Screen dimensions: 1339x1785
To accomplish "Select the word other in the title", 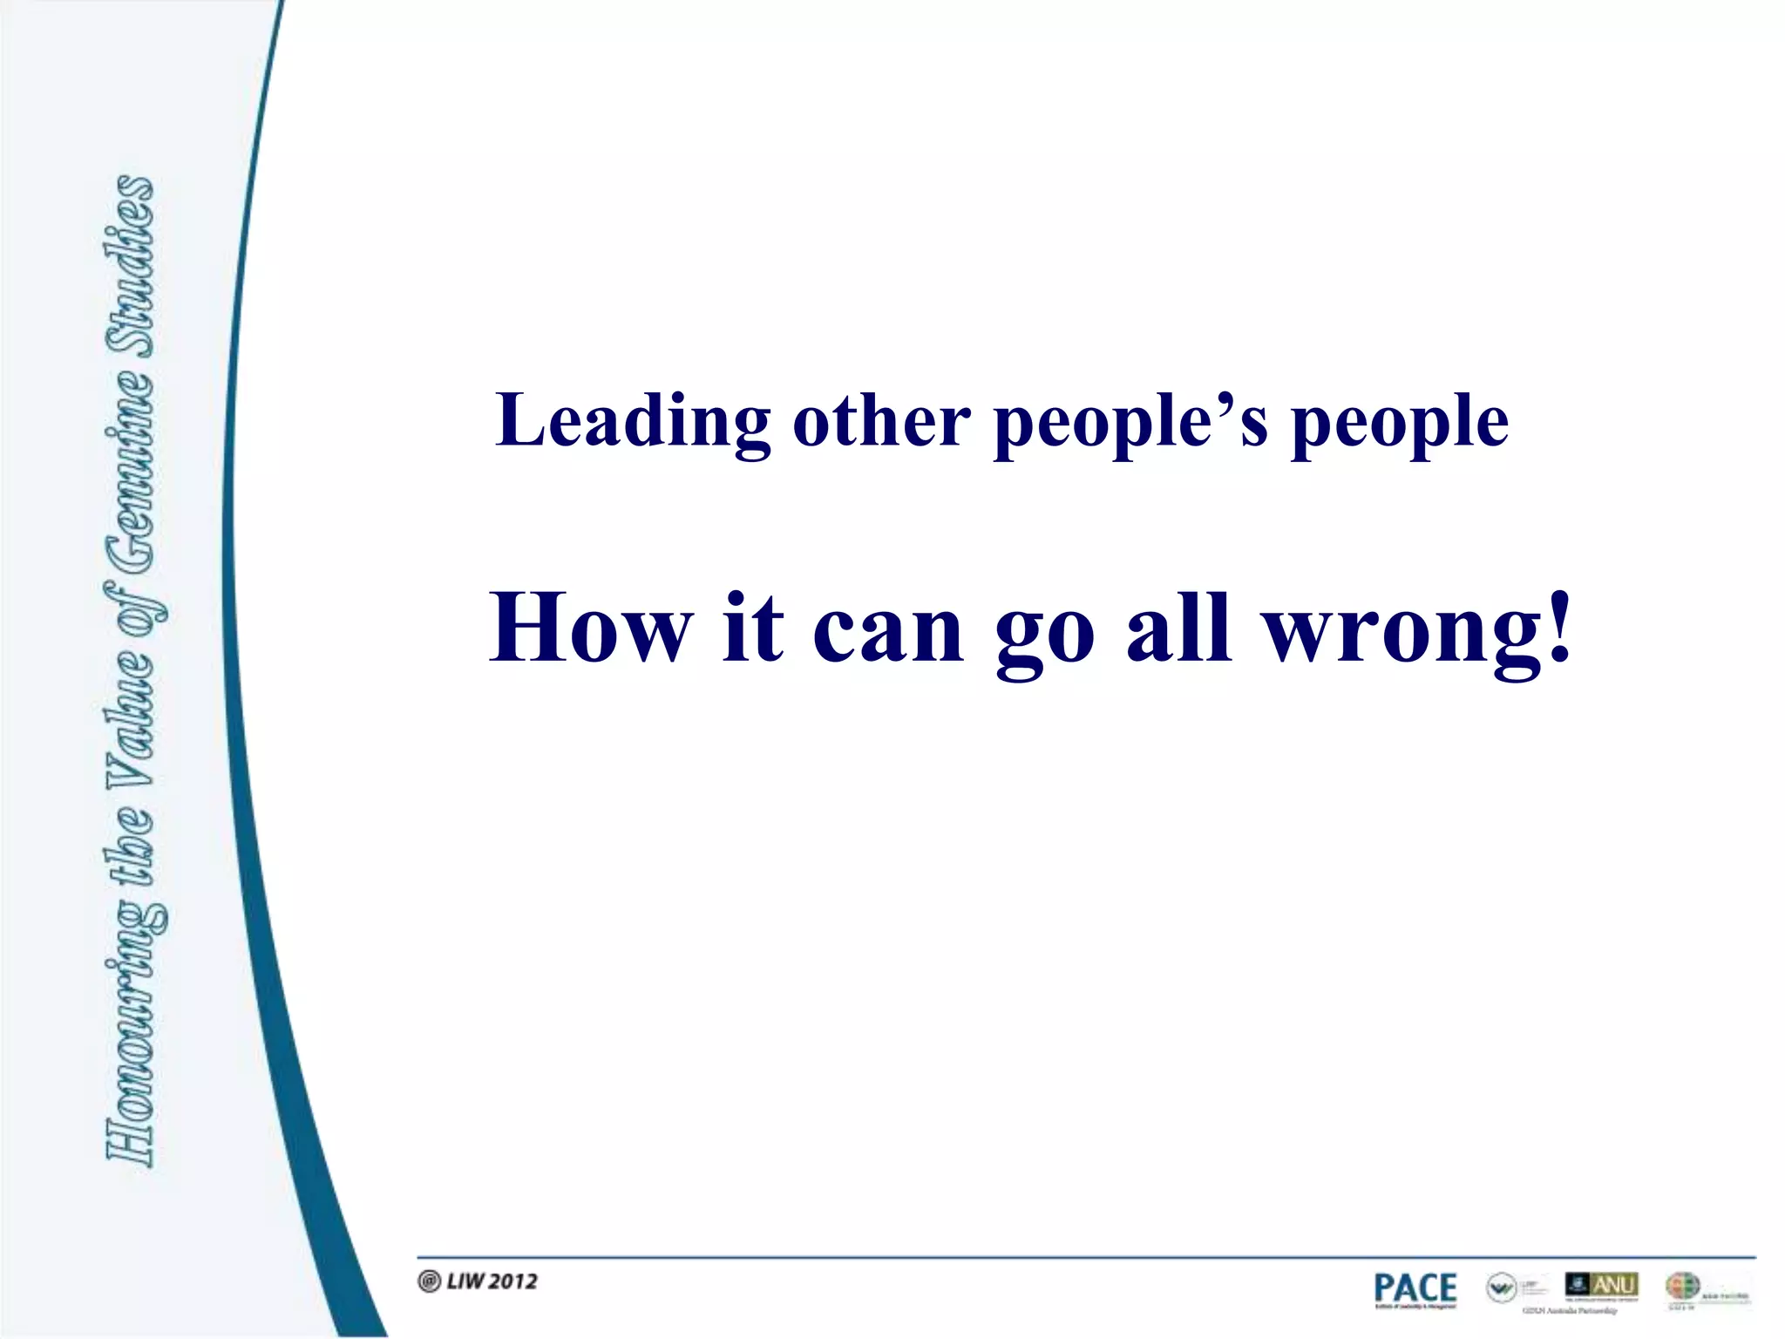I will pos(881,421).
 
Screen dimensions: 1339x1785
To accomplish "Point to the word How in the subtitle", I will pos(592,628).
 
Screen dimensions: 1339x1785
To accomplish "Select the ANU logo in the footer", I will pos(1602,1285).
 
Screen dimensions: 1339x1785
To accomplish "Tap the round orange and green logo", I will pos(1682,1286).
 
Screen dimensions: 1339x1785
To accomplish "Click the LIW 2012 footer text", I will pos(492,1281).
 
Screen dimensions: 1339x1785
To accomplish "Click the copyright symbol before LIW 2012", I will pos(429,1281).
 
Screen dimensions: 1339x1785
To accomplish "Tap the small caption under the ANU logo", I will pos(1569,1310).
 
